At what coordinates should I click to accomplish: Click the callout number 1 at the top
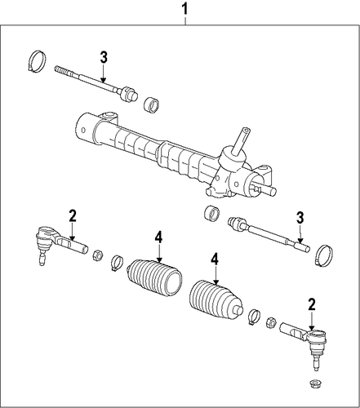(185, 9)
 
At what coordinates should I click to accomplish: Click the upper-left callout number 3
(104, 57)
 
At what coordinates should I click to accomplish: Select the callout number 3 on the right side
(300, 218)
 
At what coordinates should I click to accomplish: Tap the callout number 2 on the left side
(73, 216)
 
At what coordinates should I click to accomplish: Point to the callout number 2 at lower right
(311, 304)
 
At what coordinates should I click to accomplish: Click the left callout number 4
(158, 237)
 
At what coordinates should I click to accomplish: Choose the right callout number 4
(215, 260)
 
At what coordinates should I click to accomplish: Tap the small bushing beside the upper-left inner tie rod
(152, 104)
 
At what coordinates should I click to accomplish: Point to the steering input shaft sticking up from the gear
(241, 141)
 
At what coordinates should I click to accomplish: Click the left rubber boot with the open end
(154, 278)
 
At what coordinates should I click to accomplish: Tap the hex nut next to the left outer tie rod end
(97, 255)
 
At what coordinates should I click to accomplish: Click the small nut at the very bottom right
(315, 384)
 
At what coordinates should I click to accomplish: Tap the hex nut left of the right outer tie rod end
(271, 322)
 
